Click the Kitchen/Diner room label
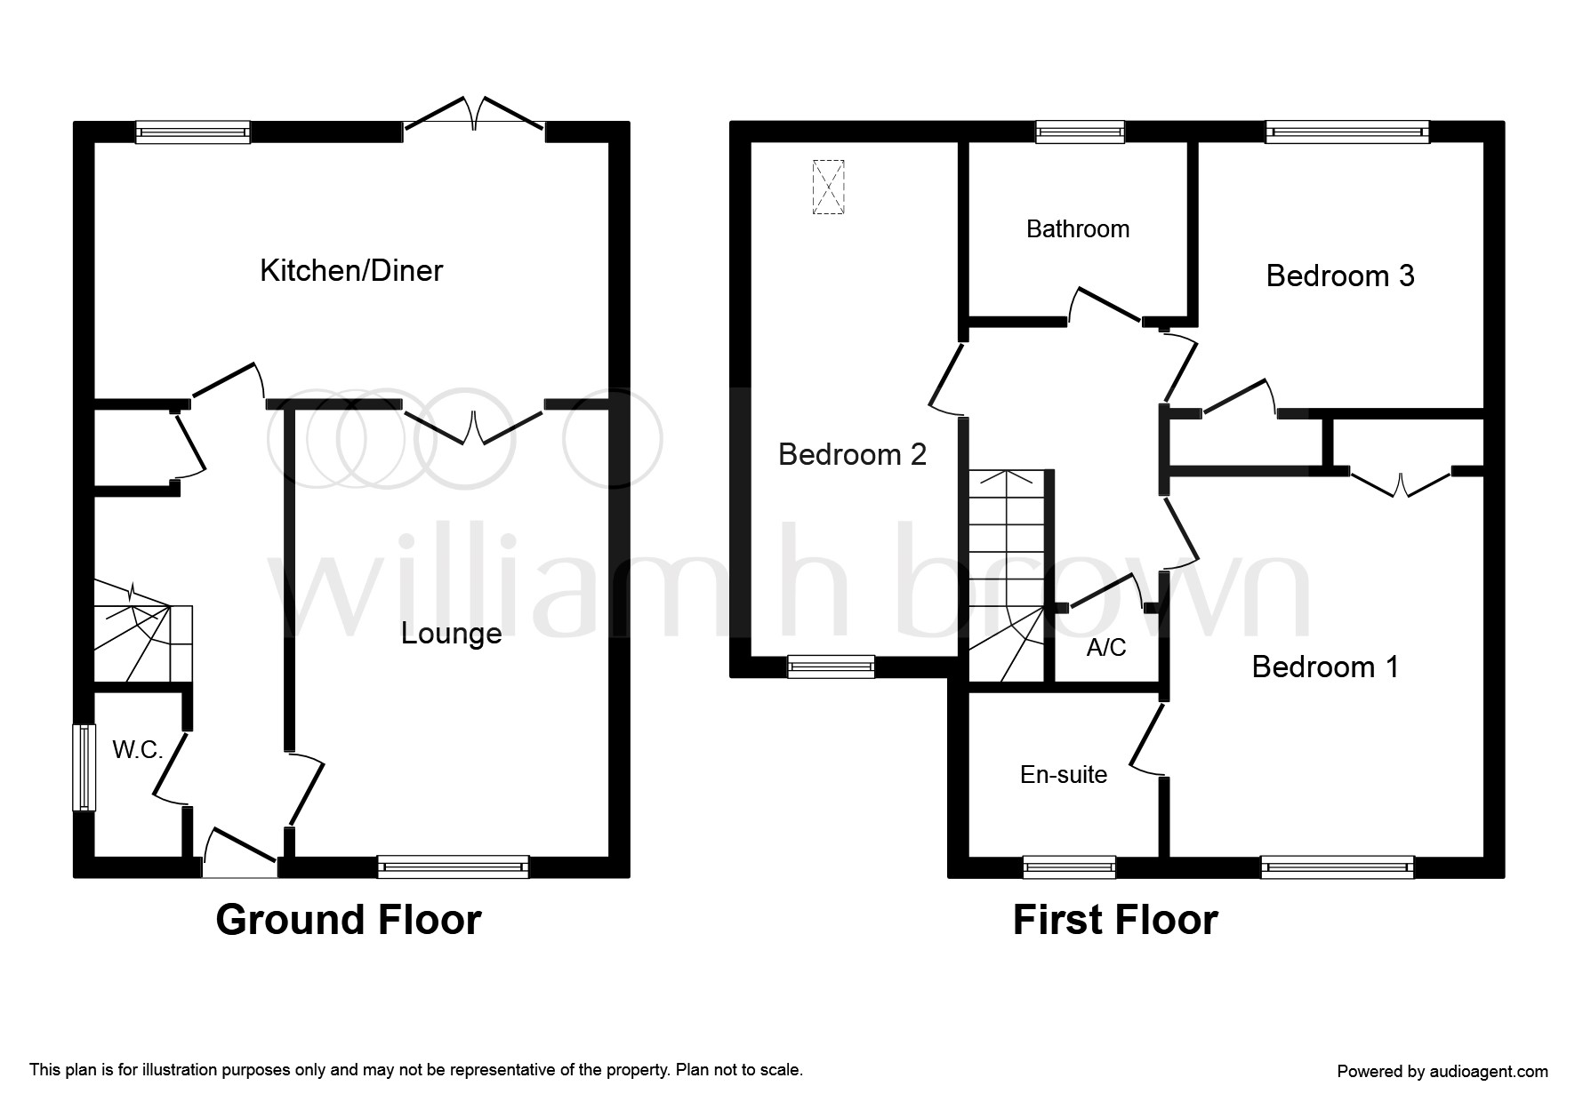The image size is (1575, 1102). pos(351,270)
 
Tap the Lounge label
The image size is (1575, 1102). pos(451,634)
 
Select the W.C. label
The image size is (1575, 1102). pos(138,750)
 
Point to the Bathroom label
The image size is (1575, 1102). pos(1078,229)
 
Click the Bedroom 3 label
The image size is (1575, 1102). pos(1339,276)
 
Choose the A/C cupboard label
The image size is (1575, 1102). pos(1106,648)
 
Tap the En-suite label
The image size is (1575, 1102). pos(1064,775)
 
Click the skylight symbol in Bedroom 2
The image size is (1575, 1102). pos(828,187)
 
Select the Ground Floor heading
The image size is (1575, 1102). pos(349,920)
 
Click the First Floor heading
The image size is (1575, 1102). pos(1115,921)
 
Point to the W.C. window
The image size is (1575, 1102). pos(84,768)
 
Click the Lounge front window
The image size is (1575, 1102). pos(453,866)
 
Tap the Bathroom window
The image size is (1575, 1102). pos(1081,132)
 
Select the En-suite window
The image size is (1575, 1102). pos(1069,866)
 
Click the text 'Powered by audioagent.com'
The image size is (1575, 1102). pos(1442,1072)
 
